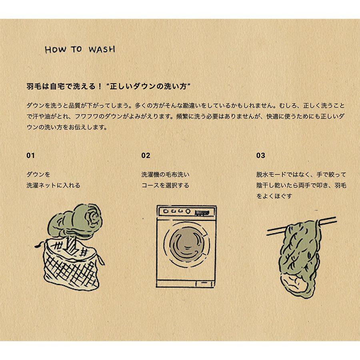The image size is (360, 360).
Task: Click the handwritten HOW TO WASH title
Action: click(x=80, y=50)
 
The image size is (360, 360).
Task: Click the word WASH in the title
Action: click(x=102, y=50)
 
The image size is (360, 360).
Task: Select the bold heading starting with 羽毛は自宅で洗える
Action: click(x=108, y=86)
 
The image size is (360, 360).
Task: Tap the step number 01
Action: click(x=30, y=156)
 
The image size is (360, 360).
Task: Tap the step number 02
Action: click(x=146, y=156)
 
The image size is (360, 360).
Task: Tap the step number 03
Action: click(x=261, y=156)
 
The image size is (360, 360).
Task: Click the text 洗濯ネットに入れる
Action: click(x=53, y=186)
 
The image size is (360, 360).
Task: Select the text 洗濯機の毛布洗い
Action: click(x=165, y=175)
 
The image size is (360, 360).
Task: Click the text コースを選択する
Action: click(x=165, y=186)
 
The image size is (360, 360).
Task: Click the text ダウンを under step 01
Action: click(x=38, y=175)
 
